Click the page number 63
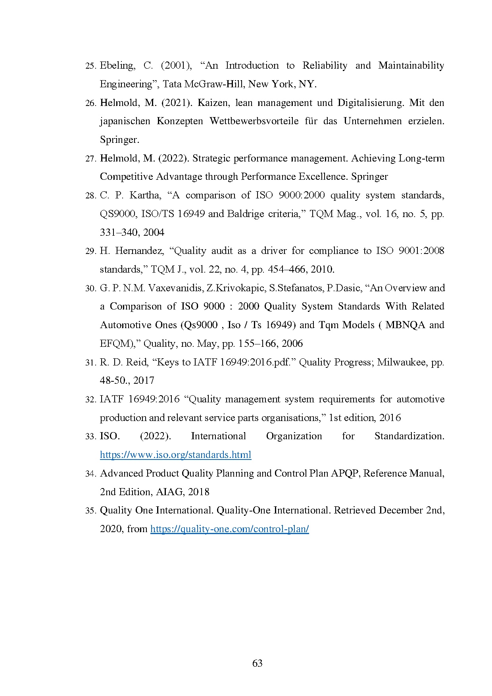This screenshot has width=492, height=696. (x=257, y=663)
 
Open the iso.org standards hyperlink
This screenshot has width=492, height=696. (x=175, y=455)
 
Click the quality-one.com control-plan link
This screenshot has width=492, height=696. (x=229, y=529)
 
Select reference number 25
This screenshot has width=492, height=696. (x=91, y=66)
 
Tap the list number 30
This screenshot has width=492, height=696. (x=91, y=288)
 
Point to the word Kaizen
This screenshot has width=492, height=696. (x=213, y=103)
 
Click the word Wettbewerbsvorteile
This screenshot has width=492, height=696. (x=254, y=121)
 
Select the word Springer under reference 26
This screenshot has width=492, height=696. (x=119, y=140)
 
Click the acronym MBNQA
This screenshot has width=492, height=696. (x=405, y=325)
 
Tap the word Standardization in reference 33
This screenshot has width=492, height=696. (x=409, y=436)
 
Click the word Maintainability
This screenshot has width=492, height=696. (x=411, y=65)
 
